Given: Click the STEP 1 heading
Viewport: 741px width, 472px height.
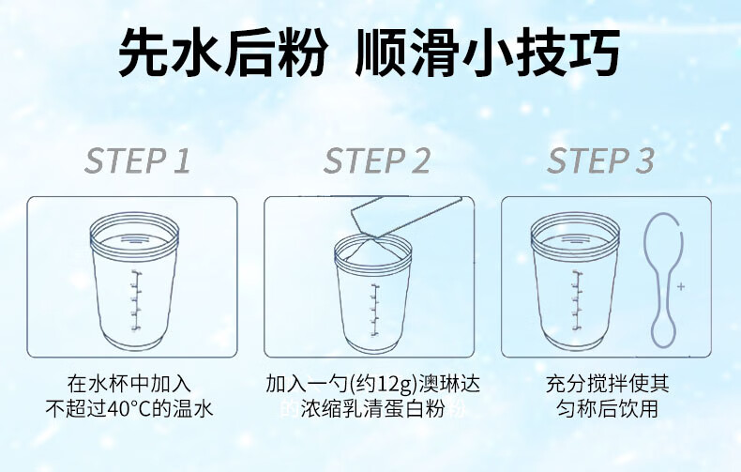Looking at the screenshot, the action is click(138, 160).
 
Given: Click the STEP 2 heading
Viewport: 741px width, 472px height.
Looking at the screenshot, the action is click(377, 160).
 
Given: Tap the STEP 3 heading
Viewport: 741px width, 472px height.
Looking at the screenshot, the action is click(600, 160).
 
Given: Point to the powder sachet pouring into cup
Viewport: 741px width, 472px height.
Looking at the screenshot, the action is click(406, 215).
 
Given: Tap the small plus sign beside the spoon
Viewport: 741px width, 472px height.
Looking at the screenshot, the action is click(681, 286).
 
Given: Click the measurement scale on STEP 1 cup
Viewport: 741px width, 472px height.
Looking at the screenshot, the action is click(136, 301).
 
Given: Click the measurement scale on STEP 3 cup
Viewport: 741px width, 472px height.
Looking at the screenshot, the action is click(577, 301).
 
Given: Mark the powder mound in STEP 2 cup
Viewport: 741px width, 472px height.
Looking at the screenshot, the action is click(373, 250).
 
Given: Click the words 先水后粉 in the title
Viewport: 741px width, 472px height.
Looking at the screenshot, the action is click(222, 53).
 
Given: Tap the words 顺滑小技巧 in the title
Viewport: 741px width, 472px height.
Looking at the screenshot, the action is click(488, 53).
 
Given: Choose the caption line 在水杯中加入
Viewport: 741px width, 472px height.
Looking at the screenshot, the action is click(129, 384).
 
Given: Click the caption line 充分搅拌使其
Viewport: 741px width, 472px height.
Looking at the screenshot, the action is click(607, 384).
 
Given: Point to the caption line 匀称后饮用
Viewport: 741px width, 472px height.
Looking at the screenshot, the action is click(607, 408).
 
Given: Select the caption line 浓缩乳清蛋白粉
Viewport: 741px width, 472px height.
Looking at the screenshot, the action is click(373, 409).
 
